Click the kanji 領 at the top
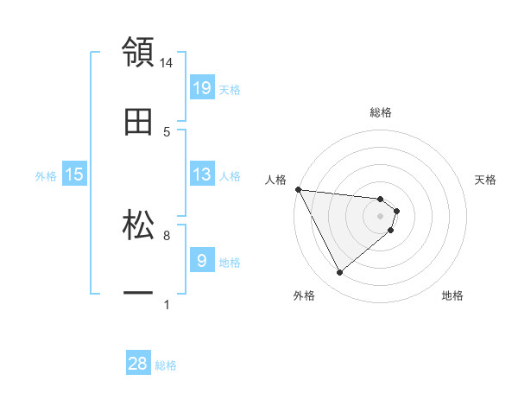point(138,52)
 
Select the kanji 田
point(138,121)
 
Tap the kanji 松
point(138,225)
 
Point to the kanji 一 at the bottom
point(138,294)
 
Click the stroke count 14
point(167,63)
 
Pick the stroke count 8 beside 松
point(167,235)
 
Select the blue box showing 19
point(201,88)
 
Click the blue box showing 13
point(201,174)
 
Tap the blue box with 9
point(201,260)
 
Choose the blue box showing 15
point(74,174)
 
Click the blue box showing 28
point(138,364)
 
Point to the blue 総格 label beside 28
point(166,365)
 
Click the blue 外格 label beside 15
point(46,176)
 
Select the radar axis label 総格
point(381,112)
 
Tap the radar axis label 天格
point(486,180)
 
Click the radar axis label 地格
point(452,295)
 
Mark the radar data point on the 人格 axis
point(298,189)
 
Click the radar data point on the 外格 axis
point(339,273)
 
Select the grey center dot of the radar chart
point(380,216)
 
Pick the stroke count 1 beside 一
point(167,304)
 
